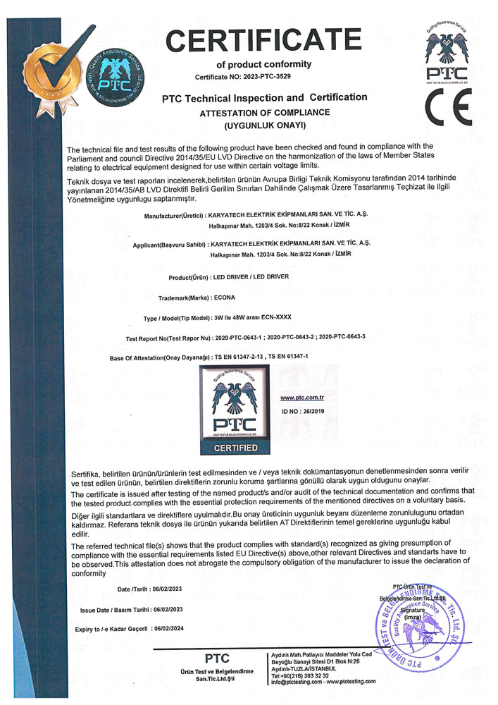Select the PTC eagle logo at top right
click(x=447, y=51)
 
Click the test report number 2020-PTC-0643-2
click(x=291, y=338)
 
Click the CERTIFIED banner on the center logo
click(x=235, y=448)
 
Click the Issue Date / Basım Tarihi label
click(x=112, y=609)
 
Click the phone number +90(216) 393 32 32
click(x=304, y=675)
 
